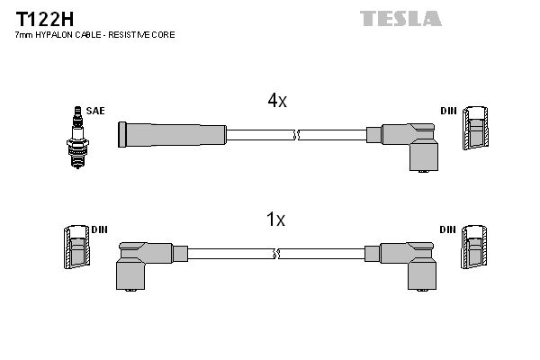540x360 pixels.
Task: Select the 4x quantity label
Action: click(276, 102)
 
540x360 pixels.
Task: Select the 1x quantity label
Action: click(276, 219)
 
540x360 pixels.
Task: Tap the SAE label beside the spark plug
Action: click(94, 111)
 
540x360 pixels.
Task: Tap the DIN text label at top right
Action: click(448, 111)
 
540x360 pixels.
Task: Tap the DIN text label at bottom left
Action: click(99, 229)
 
